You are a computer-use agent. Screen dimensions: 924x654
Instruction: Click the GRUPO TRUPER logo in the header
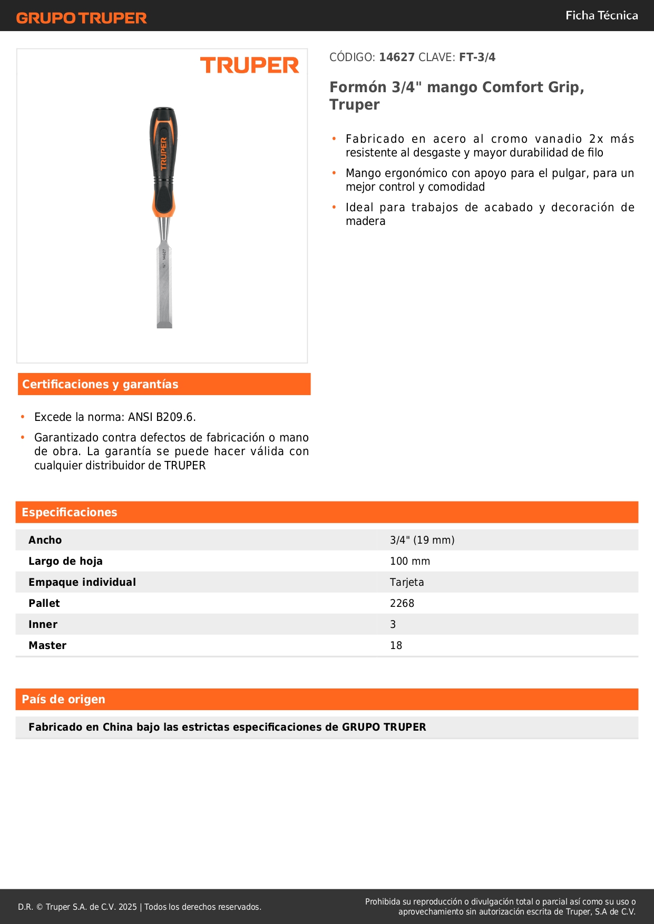(81, 18)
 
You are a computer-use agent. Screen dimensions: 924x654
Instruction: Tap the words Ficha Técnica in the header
(601, 16)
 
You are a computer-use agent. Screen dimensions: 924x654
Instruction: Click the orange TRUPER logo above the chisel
(249, 65)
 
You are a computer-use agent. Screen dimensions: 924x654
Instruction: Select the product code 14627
(397, 57)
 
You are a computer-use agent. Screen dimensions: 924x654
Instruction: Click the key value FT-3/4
(477, 57)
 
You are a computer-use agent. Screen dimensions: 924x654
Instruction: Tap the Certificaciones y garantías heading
(100, 385)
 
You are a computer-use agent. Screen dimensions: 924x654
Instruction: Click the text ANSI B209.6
(162, 417)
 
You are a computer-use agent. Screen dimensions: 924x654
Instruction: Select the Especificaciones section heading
(70, 513)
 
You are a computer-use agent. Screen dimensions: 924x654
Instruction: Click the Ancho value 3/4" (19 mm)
(422, 540)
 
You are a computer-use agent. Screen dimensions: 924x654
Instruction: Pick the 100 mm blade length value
(410, 561)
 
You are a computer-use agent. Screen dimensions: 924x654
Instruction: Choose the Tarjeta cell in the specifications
(407, 582)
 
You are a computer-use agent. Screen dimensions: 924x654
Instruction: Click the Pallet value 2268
(402, 603)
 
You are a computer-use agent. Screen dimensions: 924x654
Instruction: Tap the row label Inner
(43, 624)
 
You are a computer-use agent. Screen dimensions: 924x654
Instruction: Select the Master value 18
(396, 645)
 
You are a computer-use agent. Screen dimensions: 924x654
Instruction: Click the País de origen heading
(63, 700)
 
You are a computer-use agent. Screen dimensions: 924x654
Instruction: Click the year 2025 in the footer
(128, 907)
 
